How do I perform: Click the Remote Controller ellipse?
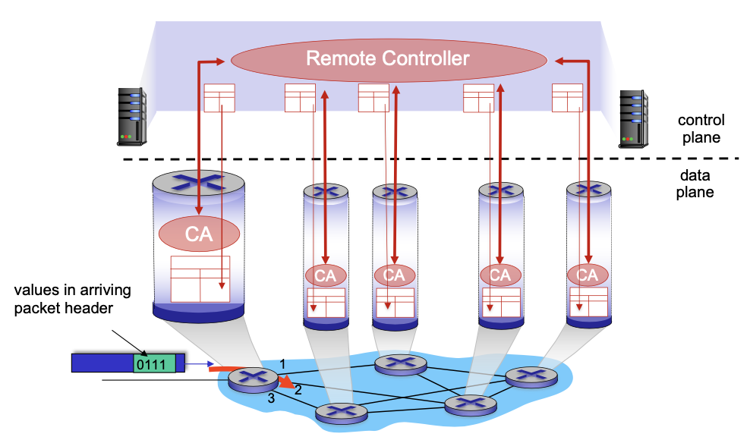coord(388,58)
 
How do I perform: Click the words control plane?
coord(701,129)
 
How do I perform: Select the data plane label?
coord(695,184)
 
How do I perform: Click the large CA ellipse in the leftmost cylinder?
coord(199,234)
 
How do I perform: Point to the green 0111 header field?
coord(154,363)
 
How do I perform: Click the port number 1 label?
coord(282,364)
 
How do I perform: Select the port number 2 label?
coord(298,390)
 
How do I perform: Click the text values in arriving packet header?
coord(73,299)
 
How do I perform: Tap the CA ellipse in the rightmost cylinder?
coord(588,275)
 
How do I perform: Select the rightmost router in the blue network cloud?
coord(531,376)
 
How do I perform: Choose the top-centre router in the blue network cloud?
coord(400,364)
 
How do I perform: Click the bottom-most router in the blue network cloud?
coord(341,413)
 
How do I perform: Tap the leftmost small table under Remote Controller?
coord(219,98)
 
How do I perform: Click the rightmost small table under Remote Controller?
coord(566,98)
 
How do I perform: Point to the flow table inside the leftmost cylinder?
coord(200,279)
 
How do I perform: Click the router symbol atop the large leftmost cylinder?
coord(199,182)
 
